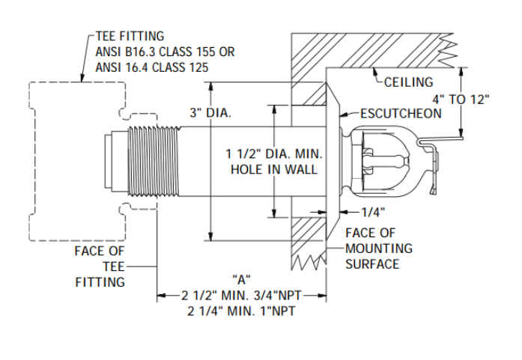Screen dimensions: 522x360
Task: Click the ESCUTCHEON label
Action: click(x=401, y=114)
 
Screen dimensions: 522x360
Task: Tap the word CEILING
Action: click(x=408, y=82)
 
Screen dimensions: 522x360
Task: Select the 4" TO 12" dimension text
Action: click(x=461, y=100)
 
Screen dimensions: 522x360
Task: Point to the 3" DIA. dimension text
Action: click(x=210, y=113)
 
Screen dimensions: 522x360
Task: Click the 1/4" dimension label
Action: click(x=373, y=212)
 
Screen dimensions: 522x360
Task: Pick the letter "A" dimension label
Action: click(x=241, y=279)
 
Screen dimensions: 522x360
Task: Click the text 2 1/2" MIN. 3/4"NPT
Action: click(x=241, y=295)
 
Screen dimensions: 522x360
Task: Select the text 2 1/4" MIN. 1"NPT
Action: click(x=241, y=311)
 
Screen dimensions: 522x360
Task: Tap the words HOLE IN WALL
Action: click(x=274, y=169)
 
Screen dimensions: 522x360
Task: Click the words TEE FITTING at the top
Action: click(x=130, y=36)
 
